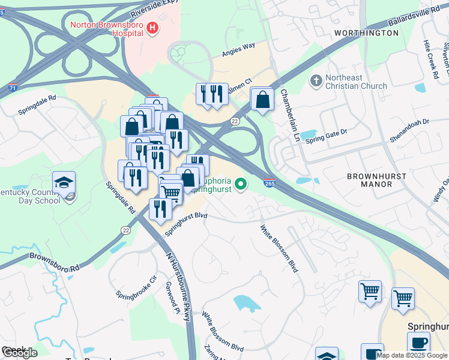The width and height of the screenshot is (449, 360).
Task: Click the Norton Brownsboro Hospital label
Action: [108, 26]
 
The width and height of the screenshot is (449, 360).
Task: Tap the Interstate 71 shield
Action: [13, 88]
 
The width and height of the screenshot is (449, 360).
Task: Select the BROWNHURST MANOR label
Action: [376, 180]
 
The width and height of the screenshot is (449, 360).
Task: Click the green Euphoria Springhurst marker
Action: [241, 184]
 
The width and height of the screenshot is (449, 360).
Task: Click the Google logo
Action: [19, 353]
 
